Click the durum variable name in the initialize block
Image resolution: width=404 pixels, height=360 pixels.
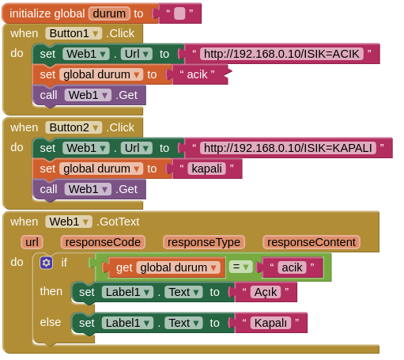tap(109, 13)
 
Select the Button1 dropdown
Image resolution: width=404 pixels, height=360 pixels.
tap(74, 33)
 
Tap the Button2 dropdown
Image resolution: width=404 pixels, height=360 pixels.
tap(74, 127)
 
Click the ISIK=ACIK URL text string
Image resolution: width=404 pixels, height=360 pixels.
tap(281, 54)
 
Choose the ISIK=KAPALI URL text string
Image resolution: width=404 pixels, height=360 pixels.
tap(288, 148)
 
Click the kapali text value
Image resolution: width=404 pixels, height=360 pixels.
tap(206, 169)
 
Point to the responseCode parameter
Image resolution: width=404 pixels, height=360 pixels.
tap(103, 242)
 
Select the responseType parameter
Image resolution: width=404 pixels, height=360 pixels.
tap(204, 242)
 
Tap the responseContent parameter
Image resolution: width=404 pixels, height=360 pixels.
tap(311, 242)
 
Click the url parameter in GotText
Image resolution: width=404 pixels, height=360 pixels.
tap(32, 242)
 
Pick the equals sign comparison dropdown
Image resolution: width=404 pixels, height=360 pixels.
tap(240, 267)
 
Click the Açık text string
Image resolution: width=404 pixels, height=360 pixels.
tap(266, 292)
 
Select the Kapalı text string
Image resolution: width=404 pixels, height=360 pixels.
tap(270, 323)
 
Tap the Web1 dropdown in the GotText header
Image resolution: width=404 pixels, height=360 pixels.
tap(69, 222)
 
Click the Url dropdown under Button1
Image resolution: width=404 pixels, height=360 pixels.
tap(137, 54)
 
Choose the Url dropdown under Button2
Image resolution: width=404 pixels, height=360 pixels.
tap(137, 148)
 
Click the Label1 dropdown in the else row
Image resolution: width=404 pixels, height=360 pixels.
tap(127, 323)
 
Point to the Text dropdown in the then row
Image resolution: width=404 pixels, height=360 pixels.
tap(183, 292)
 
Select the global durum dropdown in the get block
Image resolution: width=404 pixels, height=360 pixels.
tap(178, 267)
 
